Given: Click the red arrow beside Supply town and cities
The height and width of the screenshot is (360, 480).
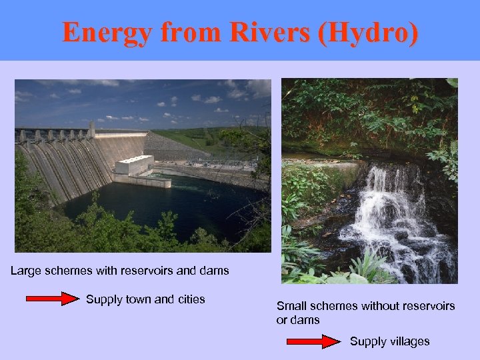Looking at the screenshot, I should tap(53, 299).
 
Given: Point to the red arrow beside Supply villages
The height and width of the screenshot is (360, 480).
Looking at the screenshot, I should tap(313, 341).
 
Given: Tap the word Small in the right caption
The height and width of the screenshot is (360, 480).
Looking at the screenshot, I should tap(291, 306).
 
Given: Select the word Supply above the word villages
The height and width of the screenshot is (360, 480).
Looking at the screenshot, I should tap(367, 341).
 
